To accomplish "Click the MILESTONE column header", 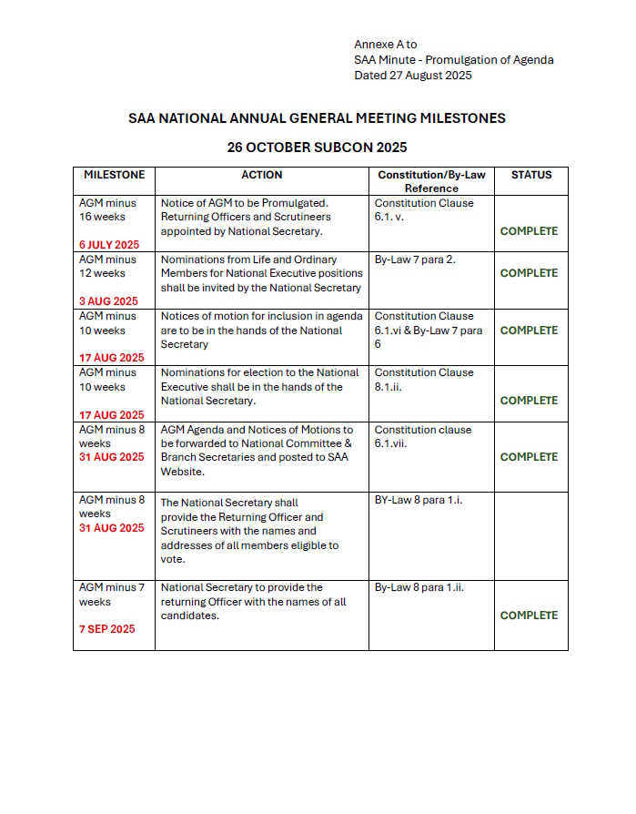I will click(114, 175).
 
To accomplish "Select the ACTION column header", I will click(261, 175).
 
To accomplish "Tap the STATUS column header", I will click(530, 175).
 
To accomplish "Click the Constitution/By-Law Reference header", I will click(431, 181).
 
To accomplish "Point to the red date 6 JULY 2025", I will click(109, 245).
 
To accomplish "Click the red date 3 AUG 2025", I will click(108, 301).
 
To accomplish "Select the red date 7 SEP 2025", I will click(106, 629).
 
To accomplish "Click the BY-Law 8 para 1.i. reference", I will click(419, 500).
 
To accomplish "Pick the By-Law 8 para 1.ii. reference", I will click(419, 587).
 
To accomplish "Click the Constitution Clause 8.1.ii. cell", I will click(424, 379).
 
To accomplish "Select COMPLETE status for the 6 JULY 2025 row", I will click(529, 231).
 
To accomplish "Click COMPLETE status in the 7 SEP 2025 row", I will click(529, 616).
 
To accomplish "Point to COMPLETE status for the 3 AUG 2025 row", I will click(529, 273).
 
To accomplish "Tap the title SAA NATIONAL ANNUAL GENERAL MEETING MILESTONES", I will click(317, 118).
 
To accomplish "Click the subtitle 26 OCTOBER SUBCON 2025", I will click(317, 148).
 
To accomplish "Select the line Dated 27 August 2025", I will click(412, 76).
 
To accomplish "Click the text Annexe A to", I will click(385, 45).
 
